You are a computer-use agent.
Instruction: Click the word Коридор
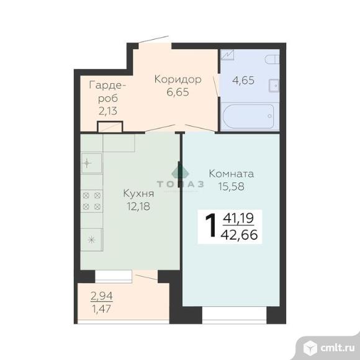tap(178, 79)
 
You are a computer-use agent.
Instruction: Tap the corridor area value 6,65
tap(178, 92)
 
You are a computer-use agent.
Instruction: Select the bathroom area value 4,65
tap(243, 80)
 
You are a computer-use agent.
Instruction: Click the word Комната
tap(232, 174)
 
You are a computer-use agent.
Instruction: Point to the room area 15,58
tap(231, 186)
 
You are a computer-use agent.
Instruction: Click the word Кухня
tap(138, 194)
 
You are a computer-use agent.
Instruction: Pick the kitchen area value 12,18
tap(138, 206)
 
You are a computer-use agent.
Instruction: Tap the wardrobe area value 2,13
tap(108, 111)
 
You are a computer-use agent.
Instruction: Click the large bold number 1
tap(211, 225)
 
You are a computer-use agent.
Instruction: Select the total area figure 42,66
tap(239, 235)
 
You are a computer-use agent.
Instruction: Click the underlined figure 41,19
tap(238, 218)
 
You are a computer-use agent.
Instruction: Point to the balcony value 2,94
tap(102, 296)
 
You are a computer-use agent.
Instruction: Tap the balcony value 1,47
tap(101, 309)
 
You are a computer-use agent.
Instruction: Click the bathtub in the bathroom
tap(248, 117)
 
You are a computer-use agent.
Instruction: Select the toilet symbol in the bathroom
tap(272, 59)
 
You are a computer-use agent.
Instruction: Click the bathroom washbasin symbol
tap(274, 86)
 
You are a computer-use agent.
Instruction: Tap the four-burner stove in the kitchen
tap(92, 201)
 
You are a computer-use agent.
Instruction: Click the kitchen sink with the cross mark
tap(92, 163)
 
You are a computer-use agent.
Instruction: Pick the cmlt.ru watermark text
tap(338, 348)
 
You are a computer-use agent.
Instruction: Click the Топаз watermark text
tap(180, 184)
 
